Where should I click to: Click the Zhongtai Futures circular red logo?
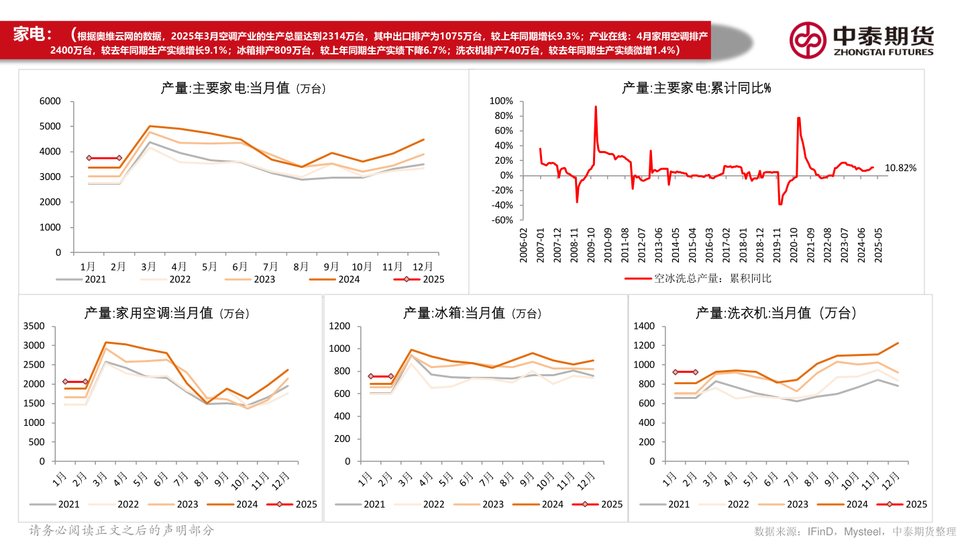tap(807, 40)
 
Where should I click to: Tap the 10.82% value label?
tap(901, 168)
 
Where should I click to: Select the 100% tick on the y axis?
tap(502, 101)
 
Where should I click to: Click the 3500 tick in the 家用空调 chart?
tap(34, 326)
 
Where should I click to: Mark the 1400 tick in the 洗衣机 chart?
tap(644, 326)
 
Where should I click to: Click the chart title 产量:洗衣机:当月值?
tap(775, 313)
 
